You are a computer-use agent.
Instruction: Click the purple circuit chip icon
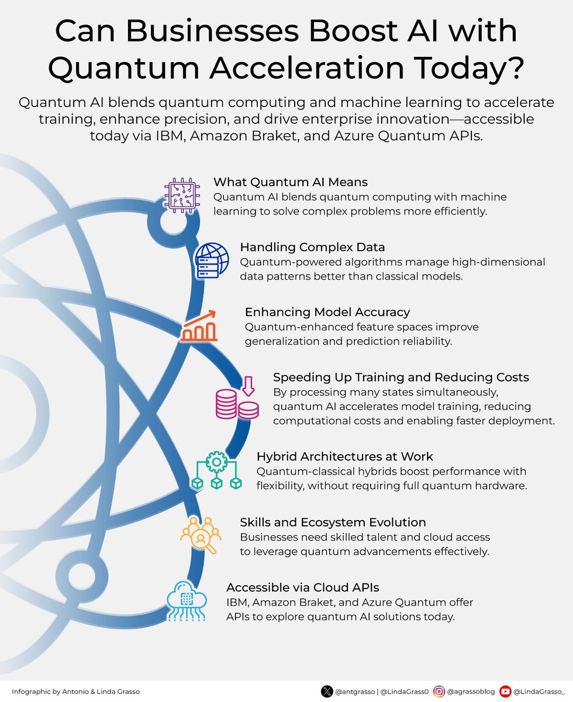(181, 195)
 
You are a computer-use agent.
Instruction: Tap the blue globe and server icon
(212, 260)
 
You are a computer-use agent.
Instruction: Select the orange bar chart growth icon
(199, 326)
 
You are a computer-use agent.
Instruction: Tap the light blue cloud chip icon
(186, 600)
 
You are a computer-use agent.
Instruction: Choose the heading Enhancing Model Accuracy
(327, 312)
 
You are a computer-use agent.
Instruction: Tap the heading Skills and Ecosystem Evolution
(333, 522)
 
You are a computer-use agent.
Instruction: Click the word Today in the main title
(468, 69)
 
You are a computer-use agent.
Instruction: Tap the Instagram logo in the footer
(439, 691)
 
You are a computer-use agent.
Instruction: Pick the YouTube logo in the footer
(506, 691)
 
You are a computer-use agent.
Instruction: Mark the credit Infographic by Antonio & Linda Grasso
(75, 691)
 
